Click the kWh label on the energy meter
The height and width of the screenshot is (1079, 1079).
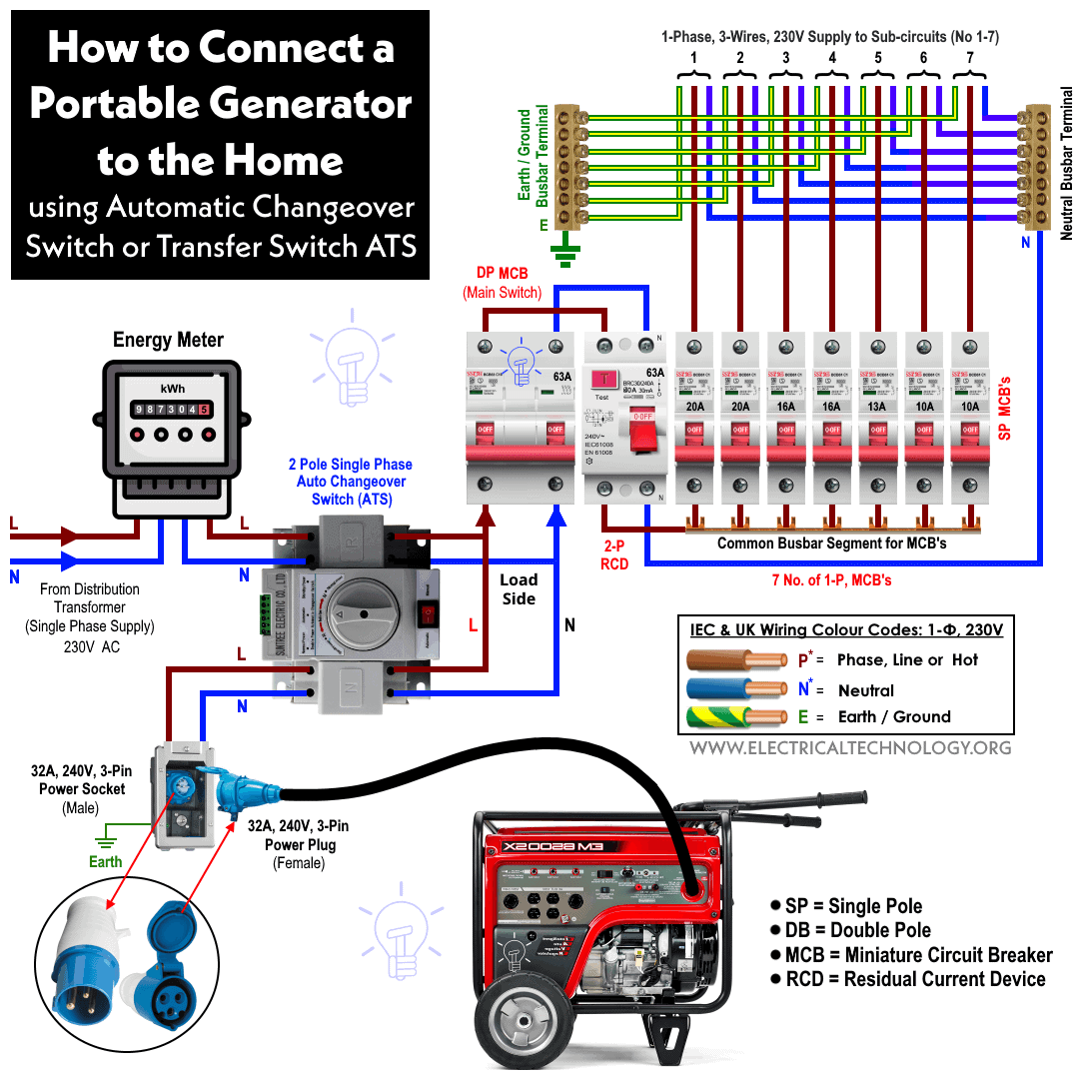pyautogui.click(x=172, y=388)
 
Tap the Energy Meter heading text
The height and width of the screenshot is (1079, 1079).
pyautogui.click(x=168, y=340)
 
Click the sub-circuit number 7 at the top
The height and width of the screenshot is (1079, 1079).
pyautogui.click(x=969, y=57)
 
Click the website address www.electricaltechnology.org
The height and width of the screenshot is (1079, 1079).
pyautogui.click(x=849, y=747)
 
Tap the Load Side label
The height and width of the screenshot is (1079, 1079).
pyautogui.click(x=519, y=589)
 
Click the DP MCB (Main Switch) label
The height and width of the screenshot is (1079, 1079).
pyautogui.click(x=502, y=283)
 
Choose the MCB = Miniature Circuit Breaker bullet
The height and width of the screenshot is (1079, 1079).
pyautogui.click(x=911, y=954)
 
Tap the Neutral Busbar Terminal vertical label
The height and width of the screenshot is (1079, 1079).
pyautogui.click(x=1066, y=163)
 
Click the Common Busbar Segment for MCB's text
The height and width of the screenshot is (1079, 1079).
pyautogui.click(x=831, y=543)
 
